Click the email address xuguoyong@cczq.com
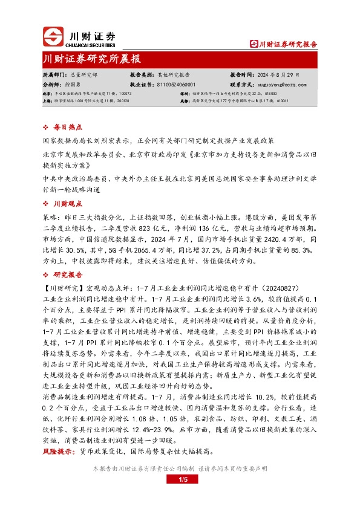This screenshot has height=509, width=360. (x=283, y=85)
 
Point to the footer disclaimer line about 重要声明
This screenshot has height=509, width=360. (x=180, y=468)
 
